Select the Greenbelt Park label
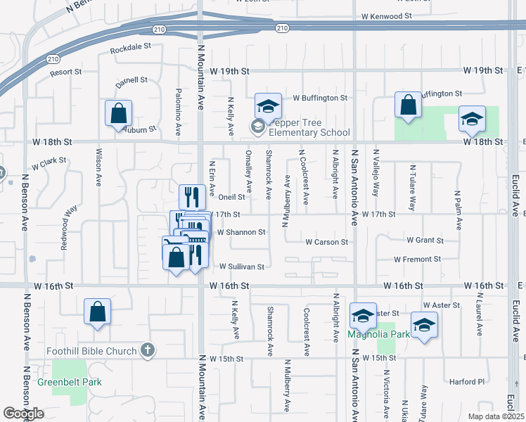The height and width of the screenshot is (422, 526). pos(69,383)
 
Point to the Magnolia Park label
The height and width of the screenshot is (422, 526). pos(378,335)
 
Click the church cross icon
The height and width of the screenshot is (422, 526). pos(147,350)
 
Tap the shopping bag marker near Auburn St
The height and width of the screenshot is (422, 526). pos(119,114)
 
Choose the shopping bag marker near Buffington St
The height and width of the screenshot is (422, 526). pos(408,105)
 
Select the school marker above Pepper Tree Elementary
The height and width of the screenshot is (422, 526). pos(268,106)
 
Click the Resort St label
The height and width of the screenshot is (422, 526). pos(66,72)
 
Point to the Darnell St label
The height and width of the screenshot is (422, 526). pos(131,82)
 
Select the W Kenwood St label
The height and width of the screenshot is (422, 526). pos(386,15)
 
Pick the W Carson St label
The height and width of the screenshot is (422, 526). pos(326,242)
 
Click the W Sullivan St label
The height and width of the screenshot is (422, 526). pos(241,267)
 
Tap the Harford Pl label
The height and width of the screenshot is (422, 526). pos(468,382)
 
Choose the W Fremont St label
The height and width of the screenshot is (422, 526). pos(417,259)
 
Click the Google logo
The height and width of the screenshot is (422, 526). pos(23,414)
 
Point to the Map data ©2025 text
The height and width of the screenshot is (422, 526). pos(495,416)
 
